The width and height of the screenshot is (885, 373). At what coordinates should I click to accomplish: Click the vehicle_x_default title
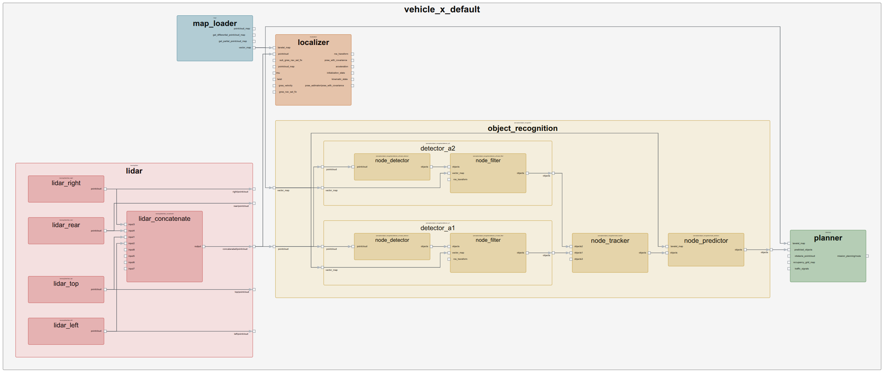(442, 9)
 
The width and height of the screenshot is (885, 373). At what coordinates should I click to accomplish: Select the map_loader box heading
(215, 23)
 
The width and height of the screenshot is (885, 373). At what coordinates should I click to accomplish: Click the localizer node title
(313, 42)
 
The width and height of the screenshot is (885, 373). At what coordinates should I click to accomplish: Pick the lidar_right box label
(66, 183)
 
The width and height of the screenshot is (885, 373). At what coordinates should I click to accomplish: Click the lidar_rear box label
(66, 225)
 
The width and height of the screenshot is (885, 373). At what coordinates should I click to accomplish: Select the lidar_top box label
(66, 283)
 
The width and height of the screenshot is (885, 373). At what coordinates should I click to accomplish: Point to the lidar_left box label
(66, 325)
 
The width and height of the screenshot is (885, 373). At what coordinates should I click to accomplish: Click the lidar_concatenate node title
(164, 218)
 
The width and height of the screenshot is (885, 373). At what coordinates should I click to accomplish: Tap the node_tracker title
(610, 240)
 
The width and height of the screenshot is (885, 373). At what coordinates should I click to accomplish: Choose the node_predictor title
(706, 240)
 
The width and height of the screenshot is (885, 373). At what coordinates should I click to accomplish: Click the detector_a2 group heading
(437, 148)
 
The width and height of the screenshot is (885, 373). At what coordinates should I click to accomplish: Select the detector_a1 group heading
(437, 228)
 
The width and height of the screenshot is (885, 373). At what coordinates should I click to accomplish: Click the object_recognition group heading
(522, 128)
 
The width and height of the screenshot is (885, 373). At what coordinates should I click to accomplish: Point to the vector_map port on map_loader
(245, 48)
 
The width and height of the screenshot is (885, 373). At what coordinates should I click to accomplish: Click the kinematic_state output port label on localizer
(340, 79)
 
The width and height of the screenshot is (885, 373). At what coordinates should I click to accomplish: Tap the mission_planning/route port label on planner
(849, 256)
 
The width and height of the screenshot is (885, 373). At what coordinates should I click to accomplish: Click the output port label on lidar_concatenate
(198, 246)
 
